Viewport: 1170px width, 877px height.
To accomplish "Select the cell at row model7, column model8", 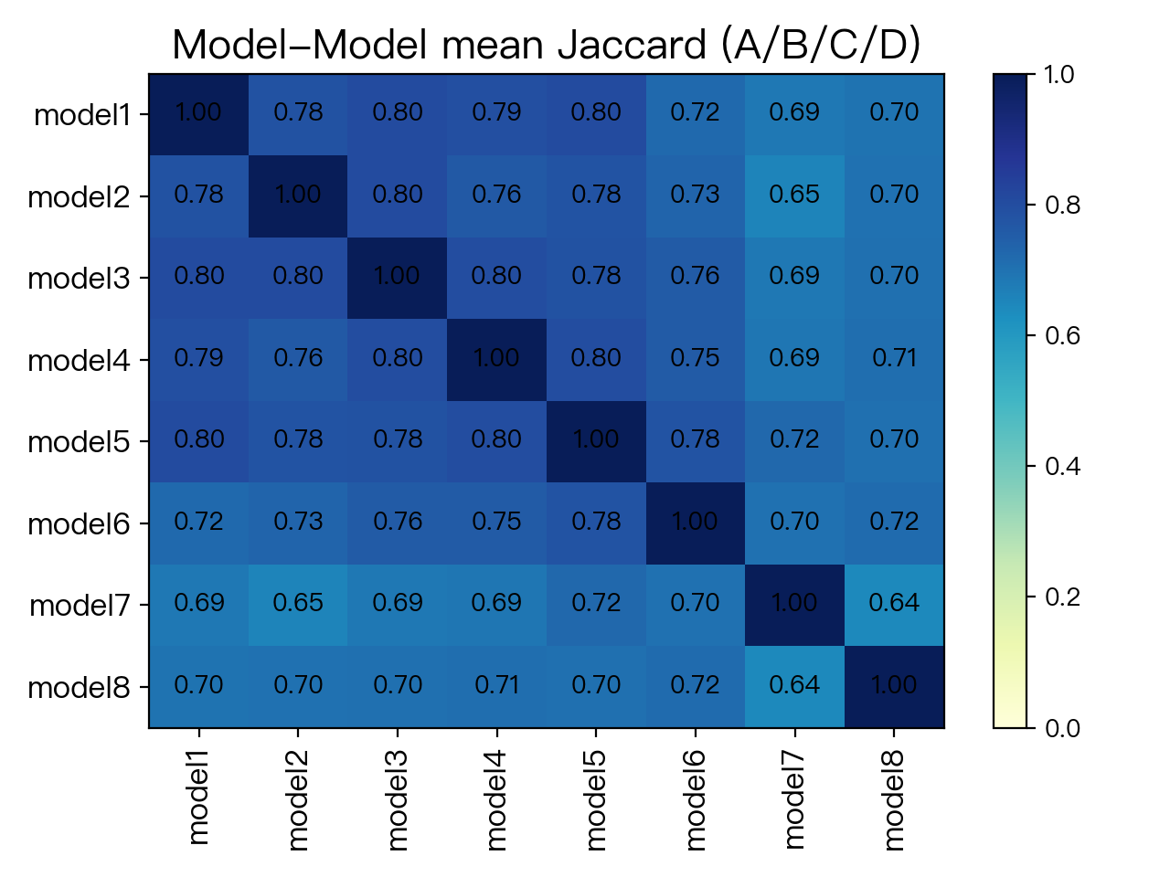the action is (x=894, y=605).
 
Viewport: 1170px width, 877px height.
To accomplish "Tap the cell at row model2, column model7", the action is (x=794, y=195).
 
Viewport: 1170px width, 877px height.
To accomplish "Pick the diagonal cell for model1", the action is (x=199, y=114).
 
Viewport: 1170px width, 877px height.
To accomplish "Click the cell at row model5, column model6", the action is (x=695, y=441).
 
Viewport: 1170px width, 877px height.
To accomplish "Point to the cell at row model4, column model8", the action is (x=894, y=359).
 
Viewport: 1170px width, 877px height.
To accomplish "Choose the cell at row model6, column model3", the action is (x=397, y=523).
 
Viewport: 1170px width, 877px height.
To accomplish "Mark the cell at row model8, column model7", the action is (x=794, y=687).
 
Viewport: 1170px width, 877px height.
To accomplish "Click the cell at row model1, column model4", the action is (x=496, y=114).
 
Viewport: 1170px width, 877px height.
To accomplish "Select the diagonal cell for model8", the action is (x=894, y=687).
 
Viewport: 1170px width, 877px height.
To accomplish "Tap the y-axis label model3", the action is (x=79, y=278).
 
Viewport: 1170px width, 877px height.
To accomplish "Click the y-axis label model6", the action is (x=79, y=523).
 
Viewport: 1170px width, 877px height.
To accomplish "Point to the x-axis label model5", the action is (x=596, y=799).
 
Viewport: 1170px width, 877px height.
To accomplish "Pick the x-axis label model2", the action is (x=298, y=799).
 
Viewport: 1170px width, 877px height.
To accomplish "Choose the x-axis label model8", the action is (x=894, y=799).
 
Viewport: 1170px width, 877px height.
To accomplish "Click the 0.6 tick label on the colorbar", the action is (x=1062, y=335).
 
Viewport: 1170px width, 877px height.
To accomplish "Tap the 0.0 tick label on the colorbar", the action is (x=1062, y=728).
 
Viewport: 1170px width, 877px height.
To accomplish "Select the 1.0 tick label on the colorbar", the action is (x=1059, y=74).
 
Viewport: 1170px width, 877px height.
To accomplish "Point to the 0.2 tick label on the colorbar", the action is (x=1062, y=597).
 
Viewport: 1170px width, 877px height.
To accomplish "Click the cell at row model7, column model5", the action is (x=596, y=605).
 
